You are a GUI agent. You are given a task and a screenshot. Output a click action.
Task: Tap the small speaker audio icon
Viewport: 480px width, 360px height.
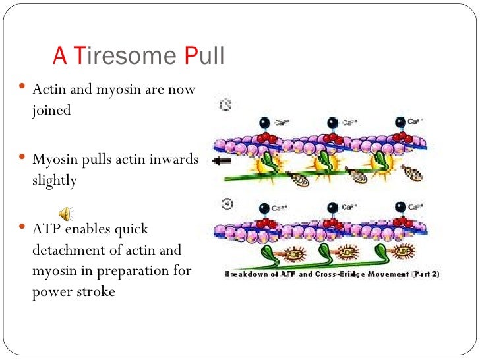pos(65,212)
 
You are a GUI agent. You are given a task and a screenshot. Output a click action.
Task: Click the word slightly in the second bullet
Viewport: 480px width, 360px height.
pos(54,180)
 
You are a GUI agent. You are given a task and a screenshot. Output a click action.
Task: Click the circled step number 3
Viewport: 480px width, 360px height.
pos(224,105)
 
